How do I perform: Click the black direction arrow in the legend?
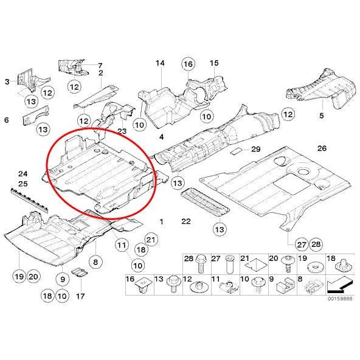click(339, 285)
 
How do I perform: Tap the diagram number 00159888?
click(340, 299)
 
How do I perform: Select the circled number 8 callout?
click(95, 261)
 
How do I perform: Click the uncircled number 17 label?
click(80, 296)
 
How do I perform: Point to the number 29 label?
click(256, 149)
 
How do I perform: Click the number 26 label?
click(322, 148)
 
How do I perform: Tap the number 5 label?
click(322, 116)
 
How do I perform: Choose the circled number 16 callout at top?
click(189, 64)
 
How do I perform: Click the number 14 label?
click(160, 63)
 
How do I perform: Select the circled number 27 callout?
click(302, 244)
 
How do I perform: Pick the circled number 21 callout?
click(151, 240)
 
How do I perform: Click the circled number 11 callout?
click(122, 245)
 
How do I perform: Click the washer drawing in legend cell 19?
click(314, 267)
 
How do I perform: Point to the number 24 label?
click(23, 174)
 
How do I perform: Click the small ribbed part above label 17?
click(80, 272)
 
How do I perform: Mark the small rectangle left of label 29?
click(237, 151)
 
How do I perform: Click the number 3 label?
click(7, 81)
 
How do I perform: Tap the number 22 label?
click(186, 221)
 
